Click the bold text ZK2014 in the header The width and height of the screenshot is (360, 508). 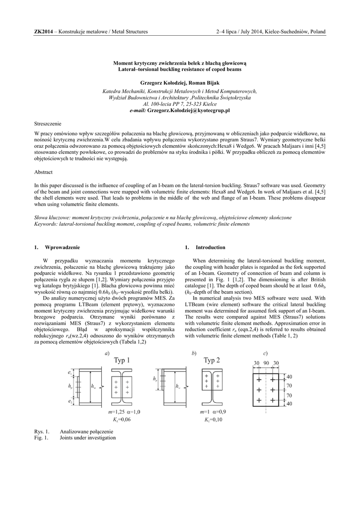pos(43,32)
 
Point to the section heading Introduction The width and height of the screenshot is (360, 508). pos(211,247)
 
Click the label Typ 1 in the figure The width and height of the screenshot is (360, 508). pos(122,360)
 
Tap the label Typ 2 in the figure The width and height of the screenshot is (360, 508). pos(212,360)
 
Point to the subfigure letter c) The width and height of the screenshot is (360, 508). pos(266,353)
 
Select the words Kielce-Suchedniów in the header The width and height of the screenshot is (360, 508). pos(285,32)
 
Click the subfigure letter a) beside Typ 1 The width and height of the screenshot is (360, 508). pos(107,353)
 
